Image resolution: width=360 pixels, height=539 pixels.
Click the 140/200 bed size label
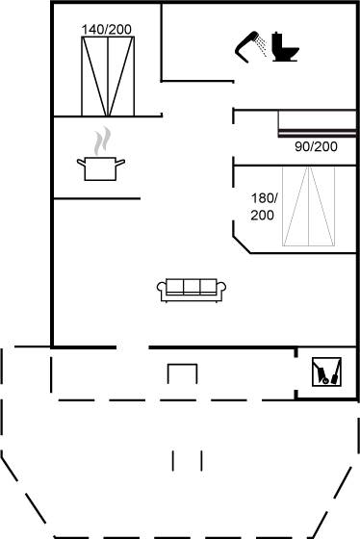tap(107, 29)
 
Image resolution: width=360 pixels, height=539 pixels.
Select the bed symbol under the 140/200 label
tap(107, 75)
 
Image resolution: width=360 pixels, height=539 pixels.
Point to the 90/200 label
tap(316, 147)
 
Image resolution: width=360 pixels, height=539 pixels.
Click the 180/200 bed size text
tap(264, 206)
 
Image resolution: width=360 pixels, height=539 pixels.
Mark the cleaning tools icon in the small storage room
tap(325, 372)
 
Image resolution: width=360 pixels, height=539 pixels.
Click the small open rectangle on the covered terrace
tap(183, 373)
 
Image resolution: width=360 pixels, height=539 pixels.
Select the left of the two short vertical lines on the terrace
tap(175, 459)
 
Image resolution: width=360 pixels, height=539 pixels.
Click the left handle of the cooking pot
tap(80, 162)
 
